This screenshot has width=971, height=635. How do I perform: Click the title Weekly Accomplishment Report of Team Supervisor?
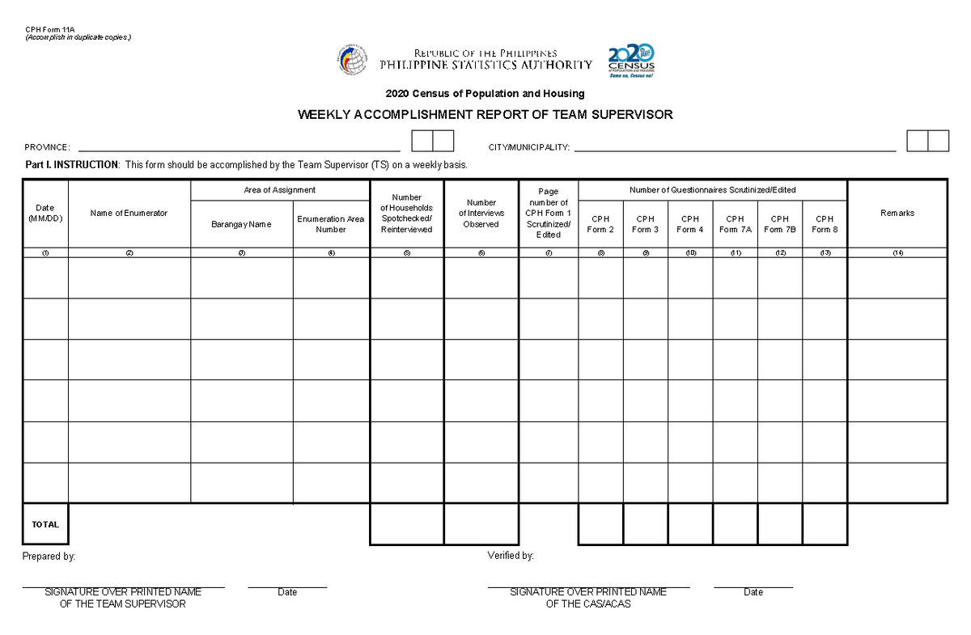pyautogui.click(x=485, y=115)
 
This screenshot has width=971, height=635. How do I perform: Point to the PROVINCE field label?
pyautogui.click(x=47, y=147)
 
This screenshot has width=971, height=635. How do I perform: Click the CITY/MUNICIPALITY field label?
pyautogui.click(x=528, y=147)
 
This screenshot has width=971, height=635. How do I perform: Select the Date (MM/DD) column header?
pyautogui.click(x=45, y=214)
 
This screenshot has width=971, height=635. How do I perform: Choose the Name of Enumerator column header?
pyautogui.click(x=129, y=213)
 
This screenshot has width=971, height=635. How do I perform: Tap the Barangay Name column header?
pyautogui.click(x=241, y=224)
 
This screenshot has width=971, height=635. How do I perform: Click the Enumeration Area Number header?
pyautogui.click(x=331, y=224)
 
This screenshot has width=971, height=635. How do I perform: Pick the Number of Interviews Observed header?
pyautogui.click(x=481, y=214)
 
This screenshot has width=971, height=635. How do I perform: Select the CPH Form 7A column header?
pyautogui.click(x=735, y=224)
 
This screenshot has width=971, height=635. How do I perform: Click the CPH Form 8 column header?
pyautogui.click(x=824, y=224)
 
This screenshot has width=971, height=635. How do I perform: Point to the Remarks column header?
pyautogui.click(x=897, y=213)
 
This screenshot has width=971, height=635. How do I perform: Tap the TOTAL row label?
pyautogui.click(x=45, y=524)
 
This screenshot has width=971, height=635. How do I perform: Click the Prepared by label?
pyautogui.click(x=49, y=557)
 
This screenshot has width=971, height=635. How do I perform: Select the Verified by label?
pyautogui.click(x=510, y=556)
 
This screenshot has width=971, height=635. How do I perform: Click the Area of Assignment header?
pyautogui.click(x=279, y=190)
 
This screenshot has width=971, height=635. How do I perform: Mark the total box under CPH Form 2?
pyautogui.click(x=600, y=524)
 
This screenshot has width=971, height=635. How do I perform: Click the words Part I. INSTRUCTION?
pyautogui.click(x=71, y=165)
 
